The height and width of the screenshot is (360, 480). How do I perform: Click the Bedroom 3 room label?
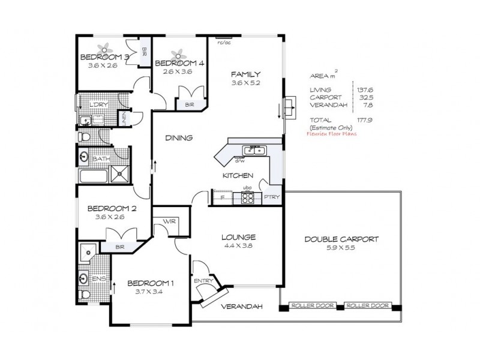tap(104, 58)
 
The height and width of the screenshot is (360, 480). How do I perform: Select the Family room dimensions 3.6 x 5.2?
tap(245, 84)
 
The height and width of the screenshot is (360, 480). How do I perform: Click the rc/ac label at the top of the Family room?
tap(224, 43)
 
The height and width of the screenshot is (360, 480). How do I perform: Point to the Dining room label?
tap(179, 138)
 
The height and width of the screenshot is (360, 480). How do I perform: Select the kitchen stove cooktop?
tap(247, 199)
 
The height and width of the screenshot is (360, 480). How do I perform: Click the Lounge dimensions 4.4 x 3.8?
tap(238, 246)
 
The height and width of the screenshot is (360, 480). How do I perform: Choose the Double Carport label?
tap(341, 238)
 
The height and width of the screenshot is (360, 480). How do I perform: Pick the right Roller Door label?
tap(367, 306)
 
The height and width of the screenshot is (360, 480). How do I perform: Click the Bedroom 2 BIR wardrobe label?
tap(119, 247)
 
